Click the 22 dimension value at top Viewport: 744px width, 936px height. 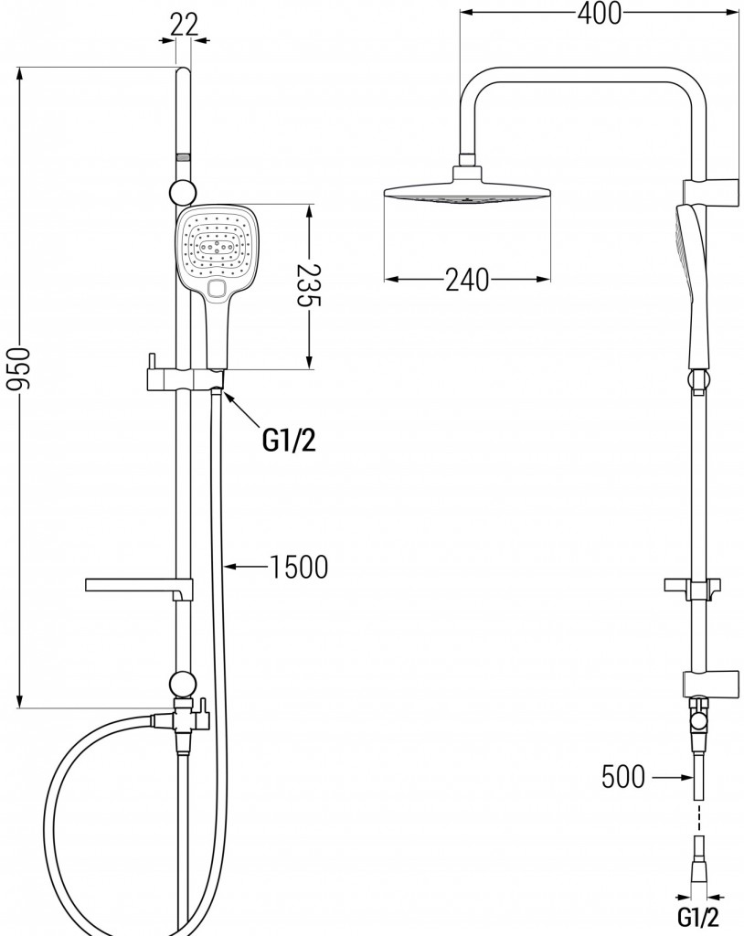tap(184, 25)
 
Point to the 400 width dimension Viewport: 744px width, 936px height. tap(598, 13)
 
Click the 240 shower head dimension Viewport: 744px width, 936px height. tap(467, 280)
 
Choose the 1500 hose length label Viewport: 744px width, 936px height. tap(298, 568)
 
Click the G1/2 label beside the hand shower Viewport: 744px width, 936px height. tap(289, 441)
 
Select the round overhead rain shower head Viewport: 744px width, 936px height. tap(468, 194)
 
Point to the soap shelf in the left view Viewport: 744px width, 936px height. tap(137, 584)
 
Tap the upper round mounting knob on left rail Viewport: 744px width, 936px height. tap(183, 191)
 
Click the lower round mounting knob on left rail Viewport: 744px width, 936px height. tap(183, 684)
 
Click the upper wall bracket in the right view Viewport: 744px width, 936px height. tap(710, 190)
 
